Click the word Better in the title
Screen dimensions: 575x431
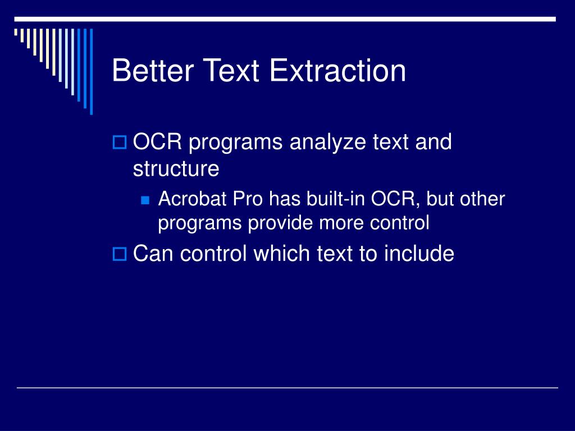153,70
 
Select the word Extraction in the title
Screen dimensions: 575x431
337,70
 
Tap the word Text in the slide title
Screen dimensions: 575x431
231,70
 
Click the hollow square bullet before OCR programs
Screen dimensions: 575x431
119,142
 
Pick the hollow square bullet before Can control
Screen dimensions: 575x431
119,254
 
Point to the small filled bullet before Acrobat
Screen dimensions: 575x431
145,200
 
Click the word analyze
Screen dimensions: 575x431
328,143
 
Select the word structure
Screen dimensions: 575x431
176,169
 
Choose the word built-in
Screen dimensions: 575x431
336,199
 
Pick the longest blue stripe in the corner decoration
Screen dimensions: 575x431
92,71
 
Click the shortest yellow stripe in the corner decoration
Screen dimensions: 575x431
16,32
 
